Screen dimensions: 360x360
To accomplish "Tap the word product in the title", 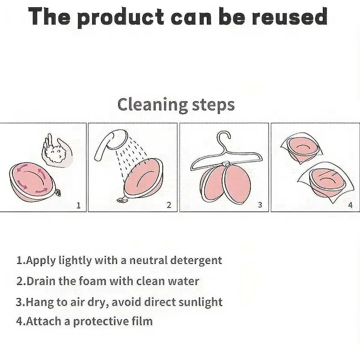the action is [120, 18].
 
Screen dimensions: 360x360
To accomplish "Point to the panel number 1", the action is [79, 205].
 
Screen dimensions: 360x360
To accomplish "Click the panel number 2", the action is [169, 205].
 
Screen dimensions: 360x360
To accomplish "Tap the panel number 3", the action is [260, 205].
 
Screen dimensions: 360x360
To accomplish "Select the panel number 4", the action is [350, 205].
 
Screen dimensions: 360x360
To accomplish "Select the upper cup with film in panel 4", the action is [301, 148].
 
